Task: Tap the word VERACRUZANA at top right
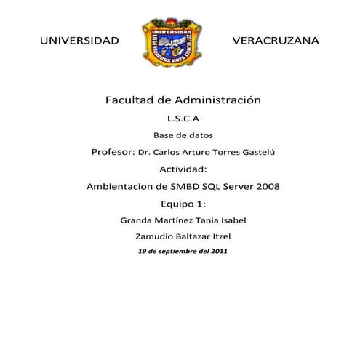275,41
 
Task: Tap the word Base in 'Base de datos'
164,135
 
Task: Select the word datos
200,135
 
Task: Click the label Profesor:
113,152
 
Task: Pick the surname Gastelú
256,152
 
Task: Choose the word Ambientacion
121,186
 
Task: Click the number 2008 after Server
265,186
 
